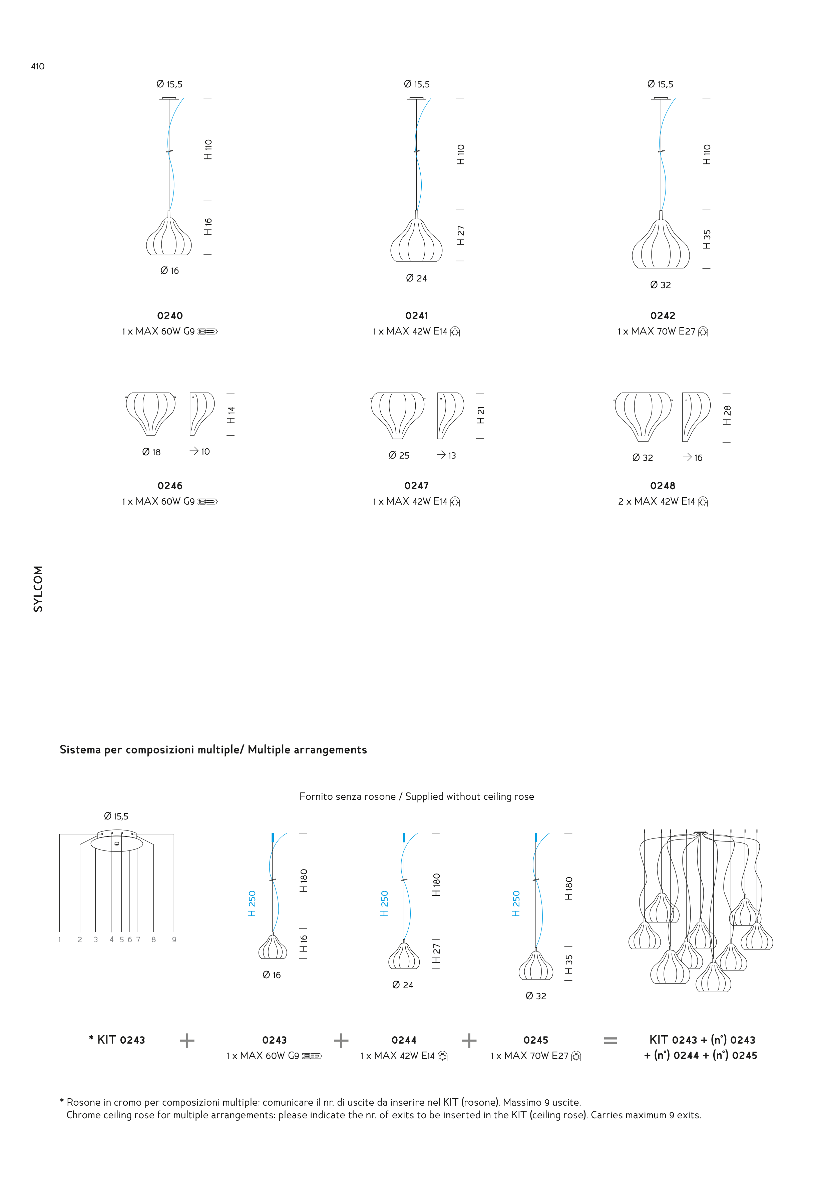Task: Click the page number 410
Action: click(37, 66)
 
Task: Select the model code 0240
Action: click(170, 316)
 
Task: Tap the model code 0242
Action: click(663, 316)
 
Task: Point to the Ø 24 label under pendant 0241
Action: click(416, 278)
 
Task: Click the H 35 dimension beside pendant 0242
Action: click(707, 239)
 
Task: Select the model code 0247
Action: click(416, 485)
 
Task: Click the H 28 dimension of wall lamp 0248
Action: click(727, 415)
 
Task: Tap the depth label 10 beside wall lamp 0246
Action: click(205, 452)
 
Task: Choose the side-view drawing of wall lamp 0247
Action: click(450, 415)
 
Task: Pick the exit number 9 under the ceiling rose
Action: click(174, 940)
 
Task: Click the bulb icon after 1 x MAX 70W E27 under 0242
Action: click(703, 332)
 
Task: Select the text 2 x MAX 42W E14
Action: click(657, 501)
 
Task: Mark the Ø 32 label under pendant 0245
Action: click(536, 996)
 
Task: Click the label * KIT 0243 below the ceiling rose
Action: click(117, 1040)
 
